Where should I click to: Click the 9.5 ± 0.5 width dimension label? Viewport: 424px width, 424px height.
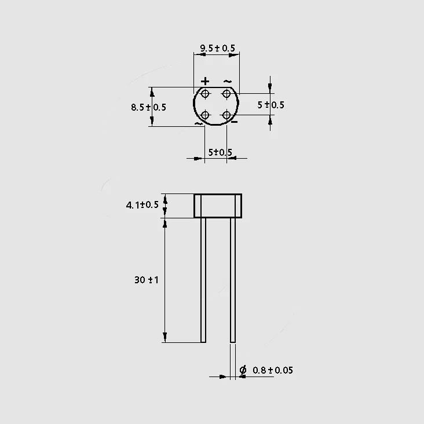coord(217,48)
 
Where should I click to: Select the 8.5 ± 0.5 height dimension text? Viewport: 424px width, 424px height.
coord(148,107)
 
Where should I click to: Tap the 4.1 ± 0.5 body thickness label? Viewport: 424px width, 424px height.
coord(142,204)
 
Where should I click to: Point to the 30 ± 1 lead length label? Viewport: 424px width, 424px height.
coord(147,280)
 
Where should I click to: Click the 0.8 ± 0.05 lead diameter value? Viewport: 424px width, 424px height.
coord(273,370)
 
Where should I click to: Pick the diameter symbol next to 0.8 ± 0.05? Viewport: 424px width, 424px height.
coord(243,370)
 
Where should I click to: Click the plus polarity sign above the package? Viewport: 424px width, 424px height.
coord(205,81)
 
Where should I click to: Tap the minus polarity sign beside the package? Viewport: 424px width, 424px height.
coord(235,122)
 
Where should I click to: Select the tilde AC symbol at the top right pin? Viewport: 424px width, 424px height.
coord(228,82)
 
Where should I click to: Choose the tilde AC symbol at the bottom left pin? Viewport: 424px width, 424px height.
coord(199,124)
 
